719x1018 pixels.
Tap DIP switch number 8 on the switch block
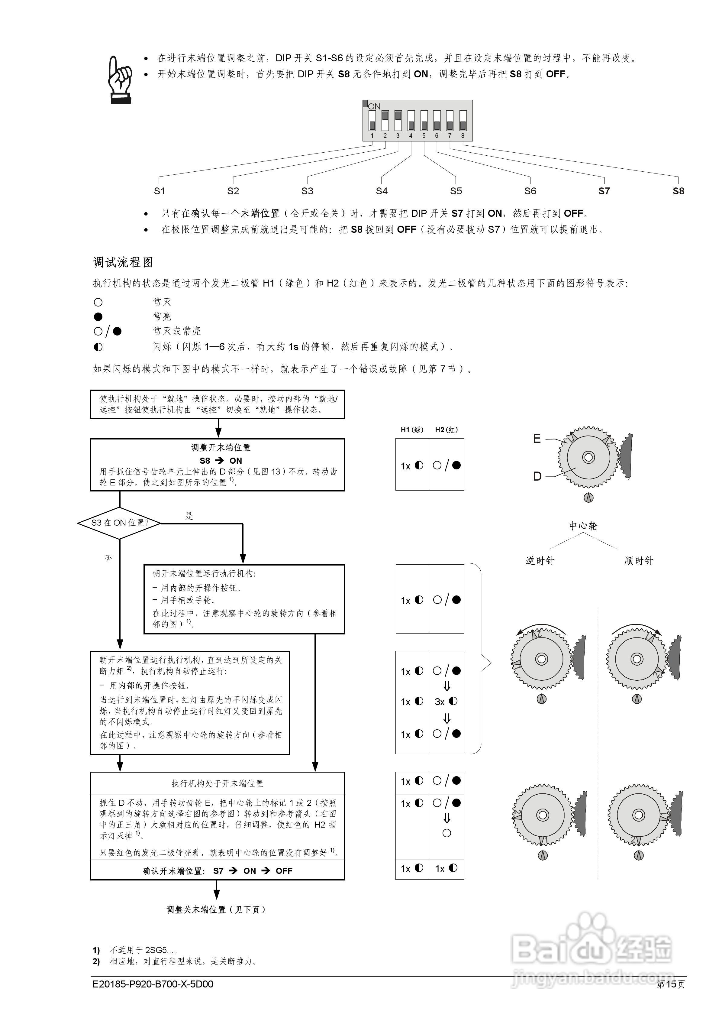(x=463, y=121)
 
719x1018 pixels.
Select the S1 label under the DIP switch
(x=160, y=191)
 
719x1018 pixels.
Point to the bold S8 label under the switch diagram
(x=678, y=191)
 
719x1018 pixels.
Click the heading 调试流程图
(x=123, y=262)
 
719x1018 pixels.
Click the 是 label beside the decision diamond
(x=189, y=516)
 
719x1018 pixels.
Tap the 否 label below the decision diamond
(x=108, y=558)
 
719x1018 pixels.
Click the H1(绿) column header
(x=412, y=429)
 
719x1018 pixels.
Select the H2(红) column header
(x=447, y=429)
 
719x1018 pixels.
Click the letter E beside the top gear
(x=537, y=439)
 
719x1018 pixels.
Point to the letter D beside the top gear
(x=537, y=476)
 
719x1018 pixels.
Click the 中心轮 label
(x=583, y=526)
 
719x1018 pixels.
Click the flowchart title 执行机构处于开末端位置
(x=217, y=783)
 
